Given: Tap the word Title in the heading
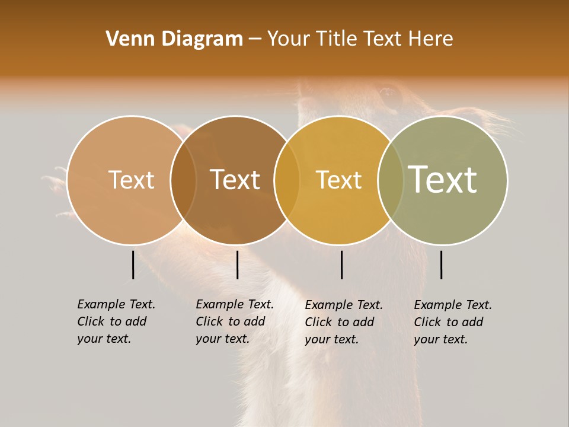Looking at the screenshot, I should coord(336,39).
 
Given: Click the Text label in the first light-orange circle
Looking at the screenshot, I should coord(131,180).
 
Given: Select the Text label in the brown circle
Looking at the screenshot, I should coord(235,180).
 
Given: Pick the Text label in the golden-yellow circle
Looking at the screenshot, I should coord(338,180).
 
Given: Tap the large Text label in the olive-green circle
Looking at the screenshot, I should coord(442,179).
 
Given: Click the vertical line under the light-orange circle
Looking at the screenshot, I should coord(133,265).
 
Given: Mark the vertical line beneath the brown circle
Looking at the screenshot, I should coord(237,265).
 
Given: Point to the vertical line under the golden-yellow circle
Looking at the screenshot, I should coord(341,265).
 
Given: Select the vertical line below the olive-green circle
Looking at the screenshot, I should coord(441,265).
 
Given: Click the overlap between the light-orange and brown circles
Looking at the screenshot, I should coord(183,180).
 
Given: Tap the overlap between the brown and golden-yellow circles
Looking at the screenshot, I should coord(287,180).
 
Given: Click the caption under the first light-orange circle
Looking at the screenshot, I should coord(116,321).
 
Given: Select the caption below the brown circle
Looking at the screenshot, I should coord(235,321).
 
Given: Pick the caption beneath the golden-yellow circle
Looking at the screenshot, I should coord(344,322).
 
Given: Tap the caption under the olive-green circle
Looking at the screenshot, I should coord(453,322).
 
